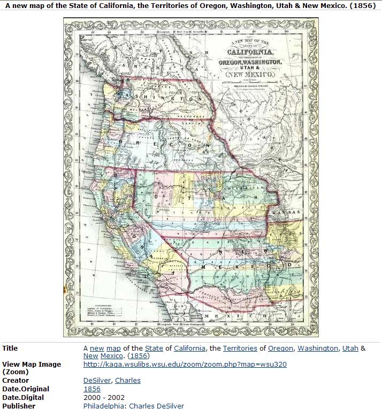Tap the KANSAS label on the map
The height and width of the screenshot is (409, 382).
pos(285,213)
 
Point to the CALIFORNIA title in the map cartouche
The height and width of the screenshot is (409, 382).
pos(250,52)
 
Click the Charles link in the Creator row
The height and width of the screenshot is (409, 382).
pos(128,381)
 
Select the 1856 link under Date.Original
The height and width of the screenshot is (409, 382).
pos(92,389)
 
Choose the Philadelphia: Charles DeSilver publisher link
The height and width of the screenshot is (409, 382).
pos(134,406)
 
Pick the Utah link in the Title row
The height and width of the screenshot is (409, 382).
pos(350,348)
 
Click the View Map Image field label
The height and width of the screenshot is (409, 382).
pos(32,365)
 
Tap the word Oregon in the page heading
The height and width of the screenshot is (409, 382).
pos(236,6)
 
